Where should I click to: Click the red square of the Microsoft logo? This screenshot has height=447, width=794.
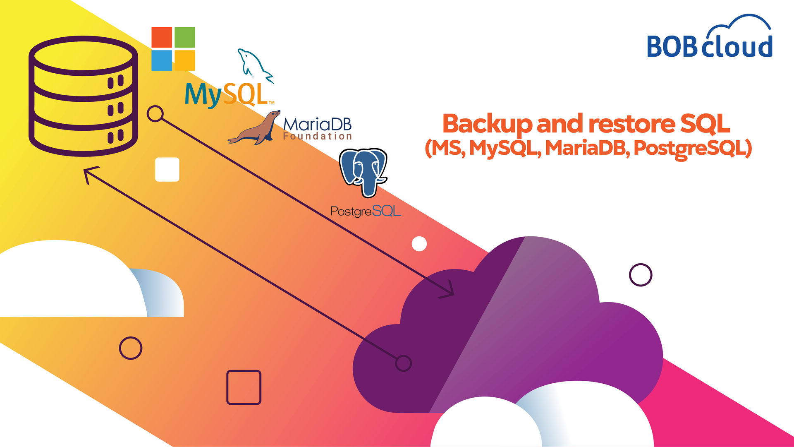point(162,37)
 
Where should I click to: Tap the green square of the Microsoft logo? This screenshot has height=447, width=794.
point(185,37)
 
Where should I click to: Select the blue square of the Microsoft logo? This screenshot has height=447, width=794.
point(162,60)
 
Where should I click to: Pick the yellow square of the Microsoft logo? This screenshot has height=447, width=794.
point(185,60)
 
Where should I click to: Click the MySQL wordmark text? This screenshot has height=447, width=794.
point(227,94)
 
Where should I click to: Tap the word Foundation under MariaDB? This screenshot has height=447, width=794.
point(317,136)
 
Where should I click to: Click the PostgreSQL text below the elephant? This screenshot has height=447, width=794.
point(366,211)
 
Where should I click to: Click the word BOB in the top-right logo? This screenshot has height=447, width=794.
point(672,46)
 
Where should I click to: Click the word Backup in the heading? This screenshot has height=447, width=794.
point(487,124)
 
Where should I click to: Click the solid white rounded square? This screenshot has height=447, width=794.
point(167,169)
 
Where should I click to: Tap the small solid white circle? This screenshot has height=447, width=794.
point(419,244)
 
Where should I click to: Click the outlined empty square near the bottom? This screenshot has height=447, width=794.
point(244,387)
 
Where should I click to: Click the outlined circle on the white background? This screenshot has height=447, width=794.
point(641,275)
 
